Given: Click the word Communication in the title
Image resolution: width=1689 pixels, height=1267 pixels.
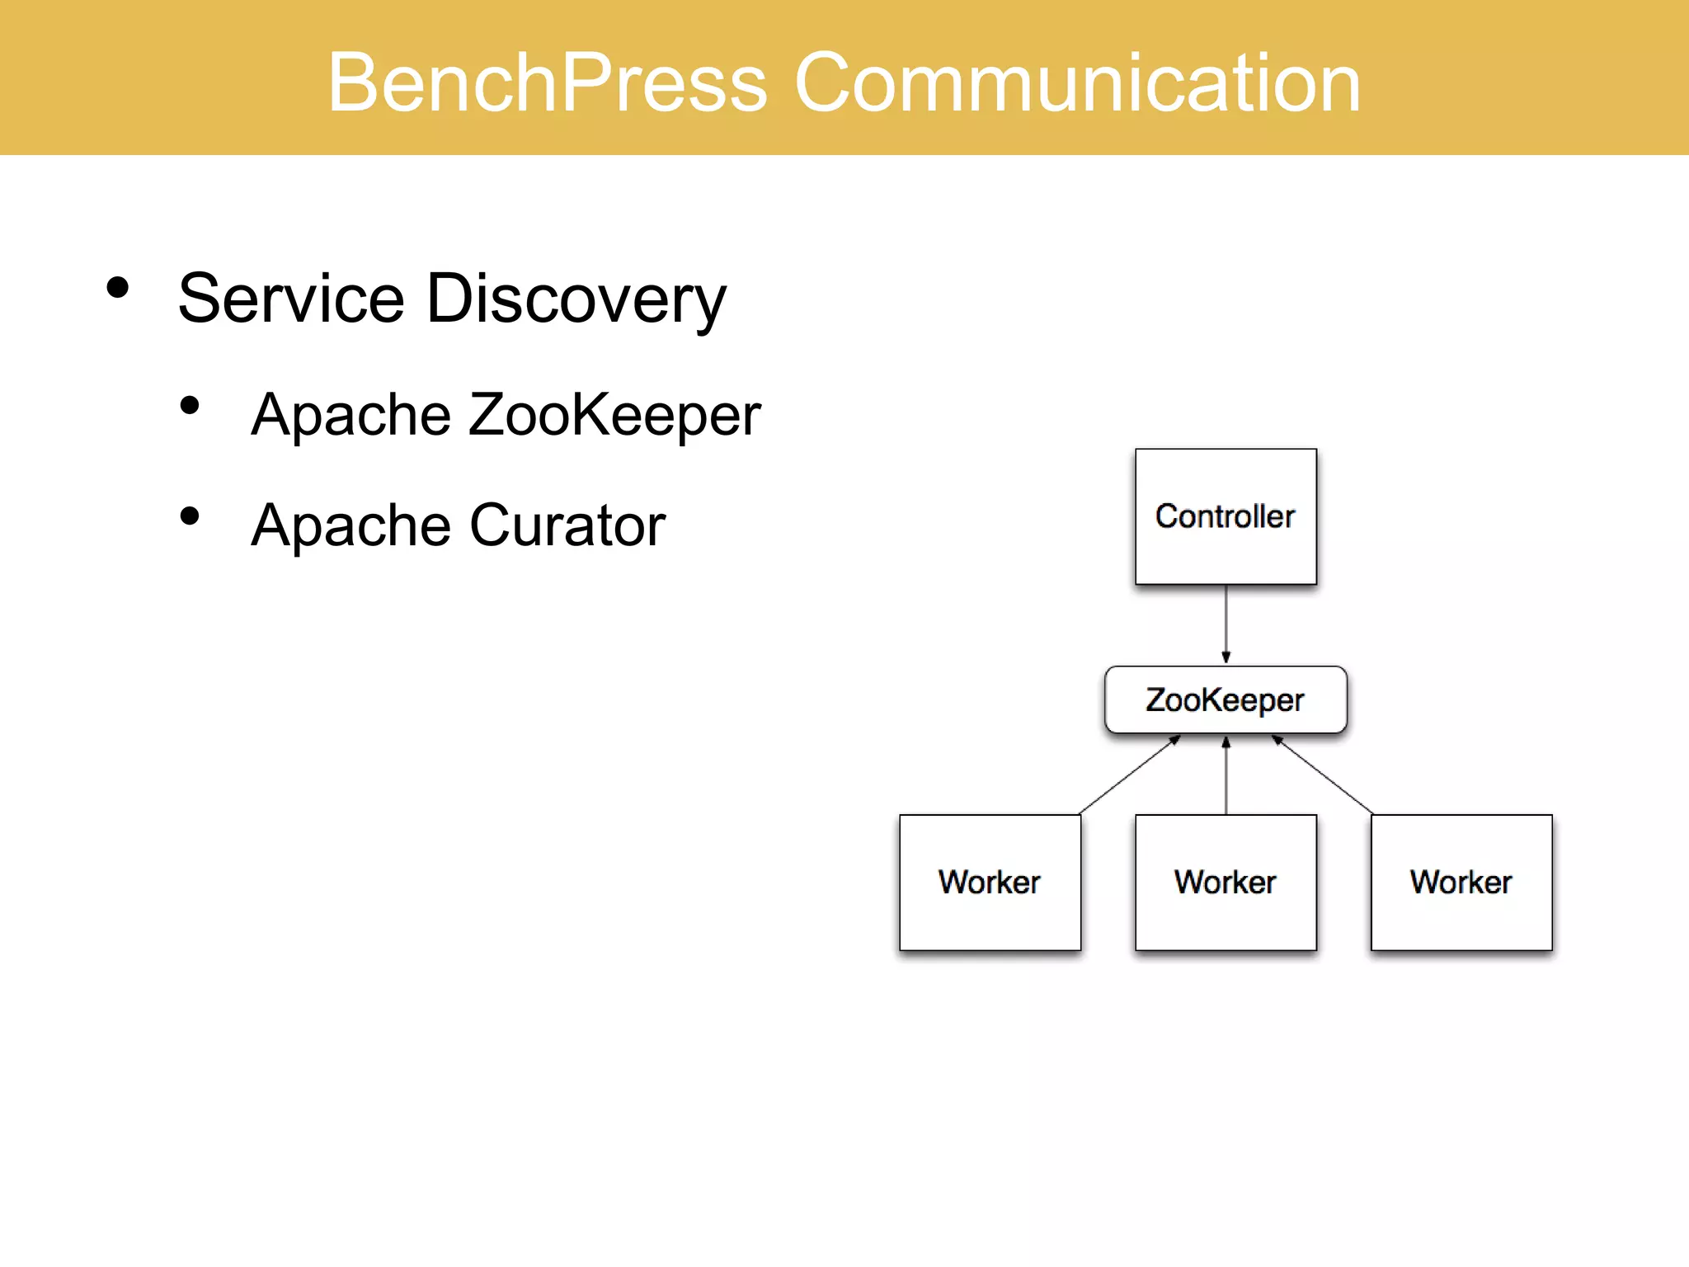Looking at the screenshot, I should coord(1076,82).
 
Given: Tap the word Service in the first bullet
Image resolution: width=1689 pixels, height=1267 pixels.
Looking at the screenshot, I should coord(290,299).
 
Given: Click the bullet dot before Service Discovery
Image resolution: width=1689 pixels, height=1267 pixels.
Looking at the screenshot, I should coord(118,288).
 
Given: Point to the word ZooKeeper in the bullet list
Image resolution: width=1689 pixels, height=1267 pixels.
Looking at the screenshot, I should coord(614,415).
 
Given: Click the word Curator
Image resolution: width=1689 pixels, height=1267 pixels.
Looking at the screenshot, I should coord(567,525).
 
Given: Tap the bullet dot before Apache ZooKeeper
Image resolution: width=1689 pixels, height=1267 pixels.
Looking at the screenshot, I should coord(190,405).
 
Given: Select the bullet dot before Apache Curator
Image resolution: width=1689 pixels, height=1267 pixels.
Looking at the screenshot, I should coord(190,516).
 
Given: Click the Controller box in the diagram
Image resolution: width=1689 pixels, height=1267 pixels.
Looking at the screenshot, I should coord(1226,517).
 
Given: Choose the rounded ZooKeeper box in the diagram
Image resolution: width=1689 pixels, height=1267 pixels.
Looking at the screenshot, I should coord(1226,699).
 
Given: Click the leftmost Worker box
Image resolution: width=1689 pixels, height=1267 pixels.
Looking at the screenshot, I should coord(990,883).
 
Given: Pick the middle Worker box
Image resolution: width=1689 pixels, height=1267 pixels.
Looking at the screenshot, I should coord(1226,883).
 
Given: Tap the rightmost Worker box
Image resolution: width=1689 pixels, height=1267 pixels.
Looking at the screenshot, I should coord(1461,883).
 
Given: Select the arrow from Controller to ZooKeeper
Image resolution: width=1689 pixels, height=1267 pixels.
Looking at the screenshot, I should coord(1226,623).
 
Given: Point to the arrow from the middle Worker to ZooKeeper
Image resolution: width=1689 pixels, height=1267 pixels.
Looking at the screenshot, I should coord(1226,775).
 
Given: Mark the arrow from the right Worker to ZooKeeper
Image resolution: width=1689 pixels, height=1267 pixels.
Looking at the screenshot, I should coord(1322,775).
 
